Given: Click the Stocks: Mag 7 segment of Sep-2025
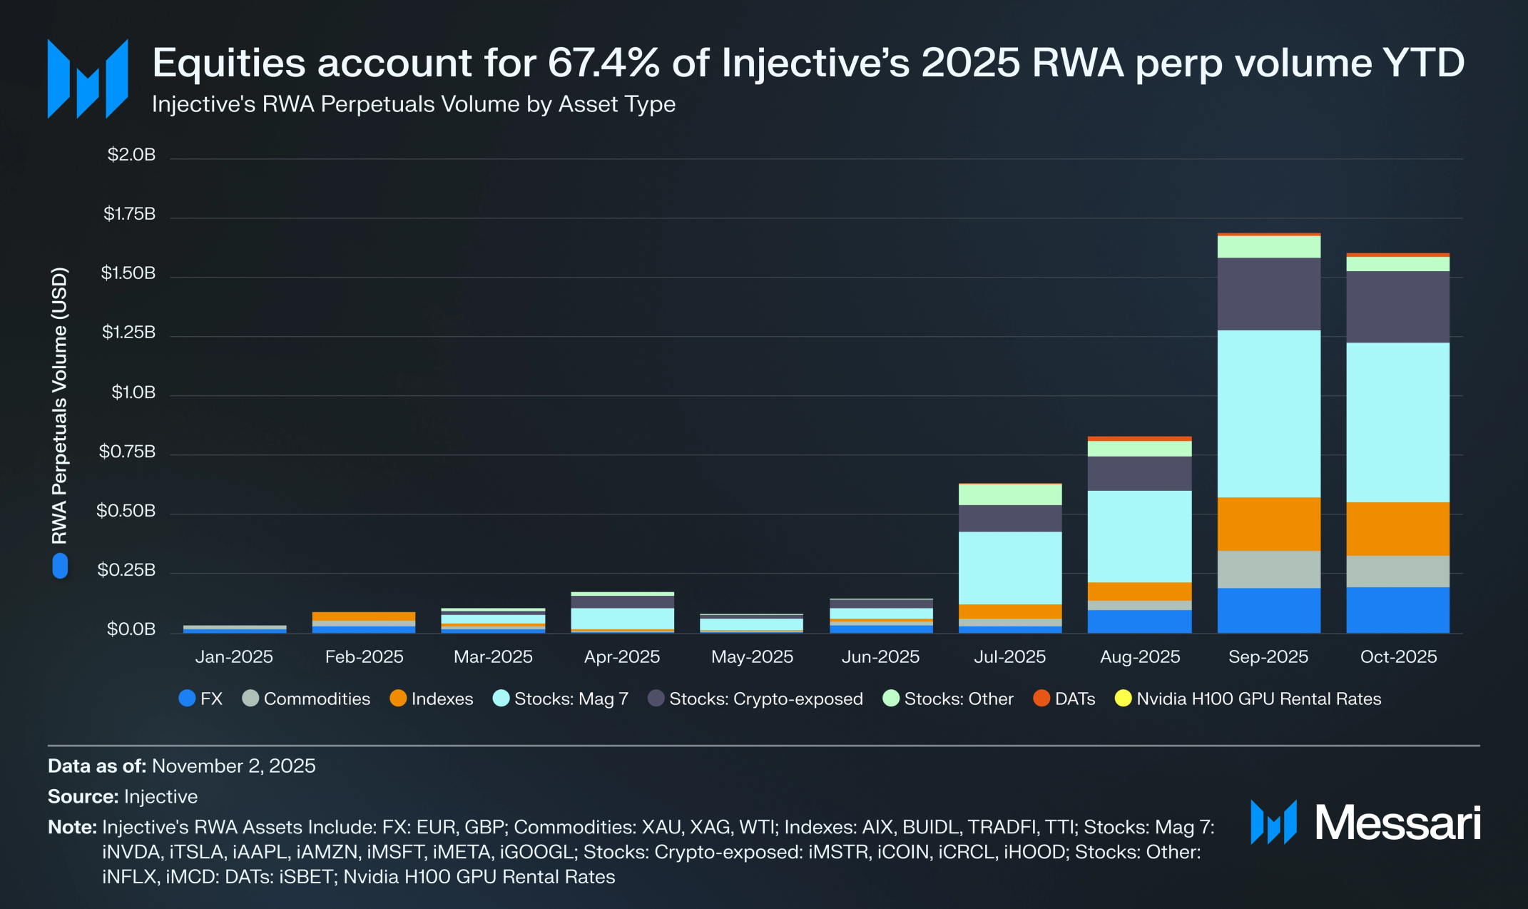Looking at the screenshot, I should pos(1268,414).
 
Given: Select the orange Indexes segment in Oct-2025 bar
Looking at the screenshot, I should pos(1397,529).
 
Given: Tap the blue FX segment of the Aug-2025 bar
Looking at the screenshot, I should pos(1139,621).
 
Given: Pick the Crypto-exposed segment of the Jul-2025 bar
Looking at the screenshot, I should pos(1010,519).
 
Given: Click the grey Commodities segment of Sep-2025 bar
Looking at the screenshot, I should pos(1268,569).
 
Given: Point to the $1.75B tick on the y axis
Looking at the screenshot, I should pos(129,214).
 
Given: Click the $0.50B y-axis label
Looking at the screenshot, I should pos(126,511).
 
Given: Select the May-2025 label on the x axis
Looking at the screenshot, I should pos(752,657).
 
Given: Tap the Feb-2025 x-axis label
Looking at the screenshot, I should pos(364,657).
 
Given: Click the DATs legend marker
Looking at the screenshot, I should pos(1041,699).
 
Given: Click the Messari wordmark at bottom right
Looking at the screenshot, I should pos(1397,823).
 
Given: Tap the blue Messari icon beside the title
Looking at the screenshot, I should pos(88,78).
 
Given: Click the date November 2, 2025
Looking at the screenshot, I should pos(233,766).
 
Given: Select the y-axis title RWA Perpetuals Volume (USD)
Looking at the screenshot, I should pos(59,405).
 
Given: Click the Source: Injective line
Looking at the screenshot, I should pos(123,796).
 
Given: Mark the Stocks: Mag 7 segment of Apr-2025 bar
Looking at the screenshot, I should pos(622,618).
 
